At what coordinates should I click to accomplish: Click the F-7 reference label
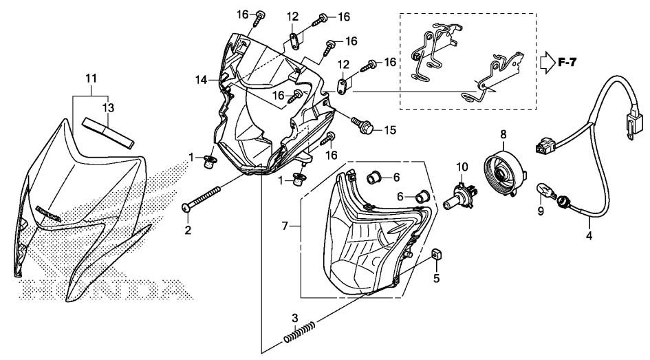pyautogui.click(x=568, y=63)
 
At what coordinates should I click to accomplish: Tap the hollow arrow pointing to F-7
pyautogui.click(x=548, y=62)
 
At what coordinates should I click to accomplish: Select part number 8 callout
pyautogui.click(x=503, y=135)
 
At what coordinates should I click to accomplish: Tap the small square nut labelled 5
pyautogui.click(x=435, y=257)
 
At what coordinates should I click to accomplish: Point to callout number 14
pyautogui.click(x=201, y=81)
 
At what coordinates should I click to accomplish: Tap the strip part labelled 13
pyautogui.click(x=107, y=129)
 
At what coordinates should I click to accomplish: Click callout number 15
pyautogui.click(x=390, y=129)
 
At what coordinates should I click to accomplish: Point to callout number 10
pyautogui.click(x=462, y=166)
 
